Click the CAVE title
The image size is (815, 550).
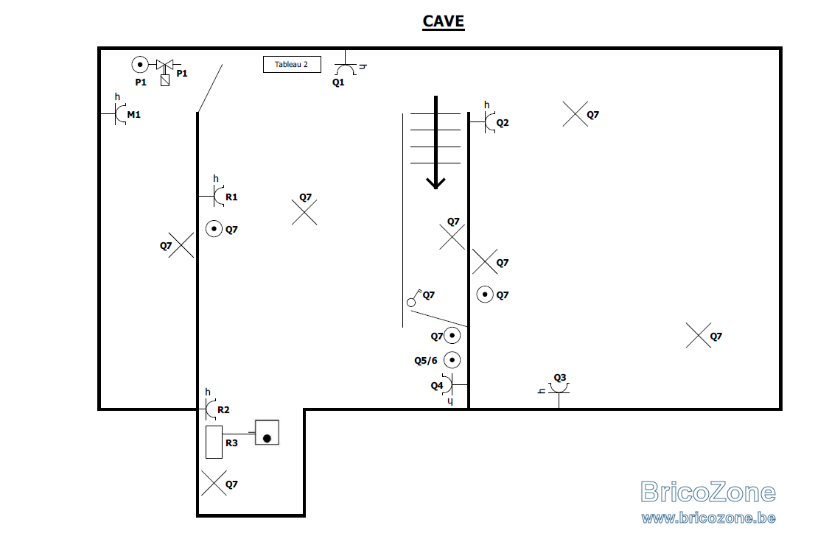point(444,21)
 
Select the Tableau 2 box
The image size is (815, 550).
point(292,64)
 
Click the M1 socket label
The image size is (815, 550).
point(134,115)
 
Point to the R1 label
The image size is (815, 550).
point(231,197)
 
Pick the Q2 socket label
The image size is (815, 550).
point(503,123)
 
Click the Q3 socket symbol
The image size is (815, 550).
point(559,389)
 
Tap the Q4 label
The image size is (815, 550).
point(436,386)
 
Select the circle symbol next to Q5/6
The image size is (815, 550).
point(452,360)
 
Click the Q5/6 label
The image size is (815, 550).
point(426,361)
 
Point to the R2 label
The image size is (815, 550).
point(223,410)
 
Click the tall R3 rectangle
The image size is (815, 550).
point(214,442)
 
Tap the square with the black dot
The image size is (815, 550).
point(267,433)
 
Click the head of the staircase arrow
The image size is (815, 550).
point(436,183)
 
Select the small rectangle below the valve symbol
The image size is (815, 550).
point(165,80)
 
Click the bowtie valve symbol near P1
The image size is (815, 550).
point(165,65)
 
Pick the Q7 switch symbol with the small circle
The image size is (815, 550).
point(414,298)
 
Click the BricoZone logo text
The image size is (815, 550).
point(708,492)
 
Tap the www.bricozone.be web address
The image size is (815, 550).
point(708,518)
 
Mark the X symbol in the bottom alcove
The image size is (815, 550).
point(214,483)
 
